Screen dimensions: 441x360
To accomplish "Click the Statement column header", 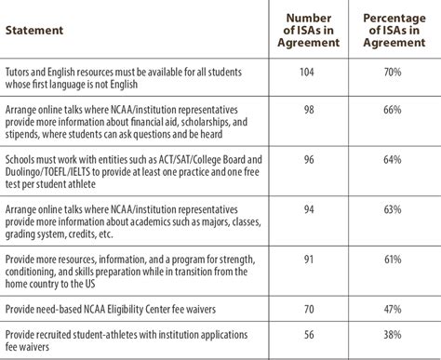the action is [x=34, y=30].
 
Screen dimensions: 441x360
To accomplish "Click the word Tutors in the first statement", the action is [x=20, y=71].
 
